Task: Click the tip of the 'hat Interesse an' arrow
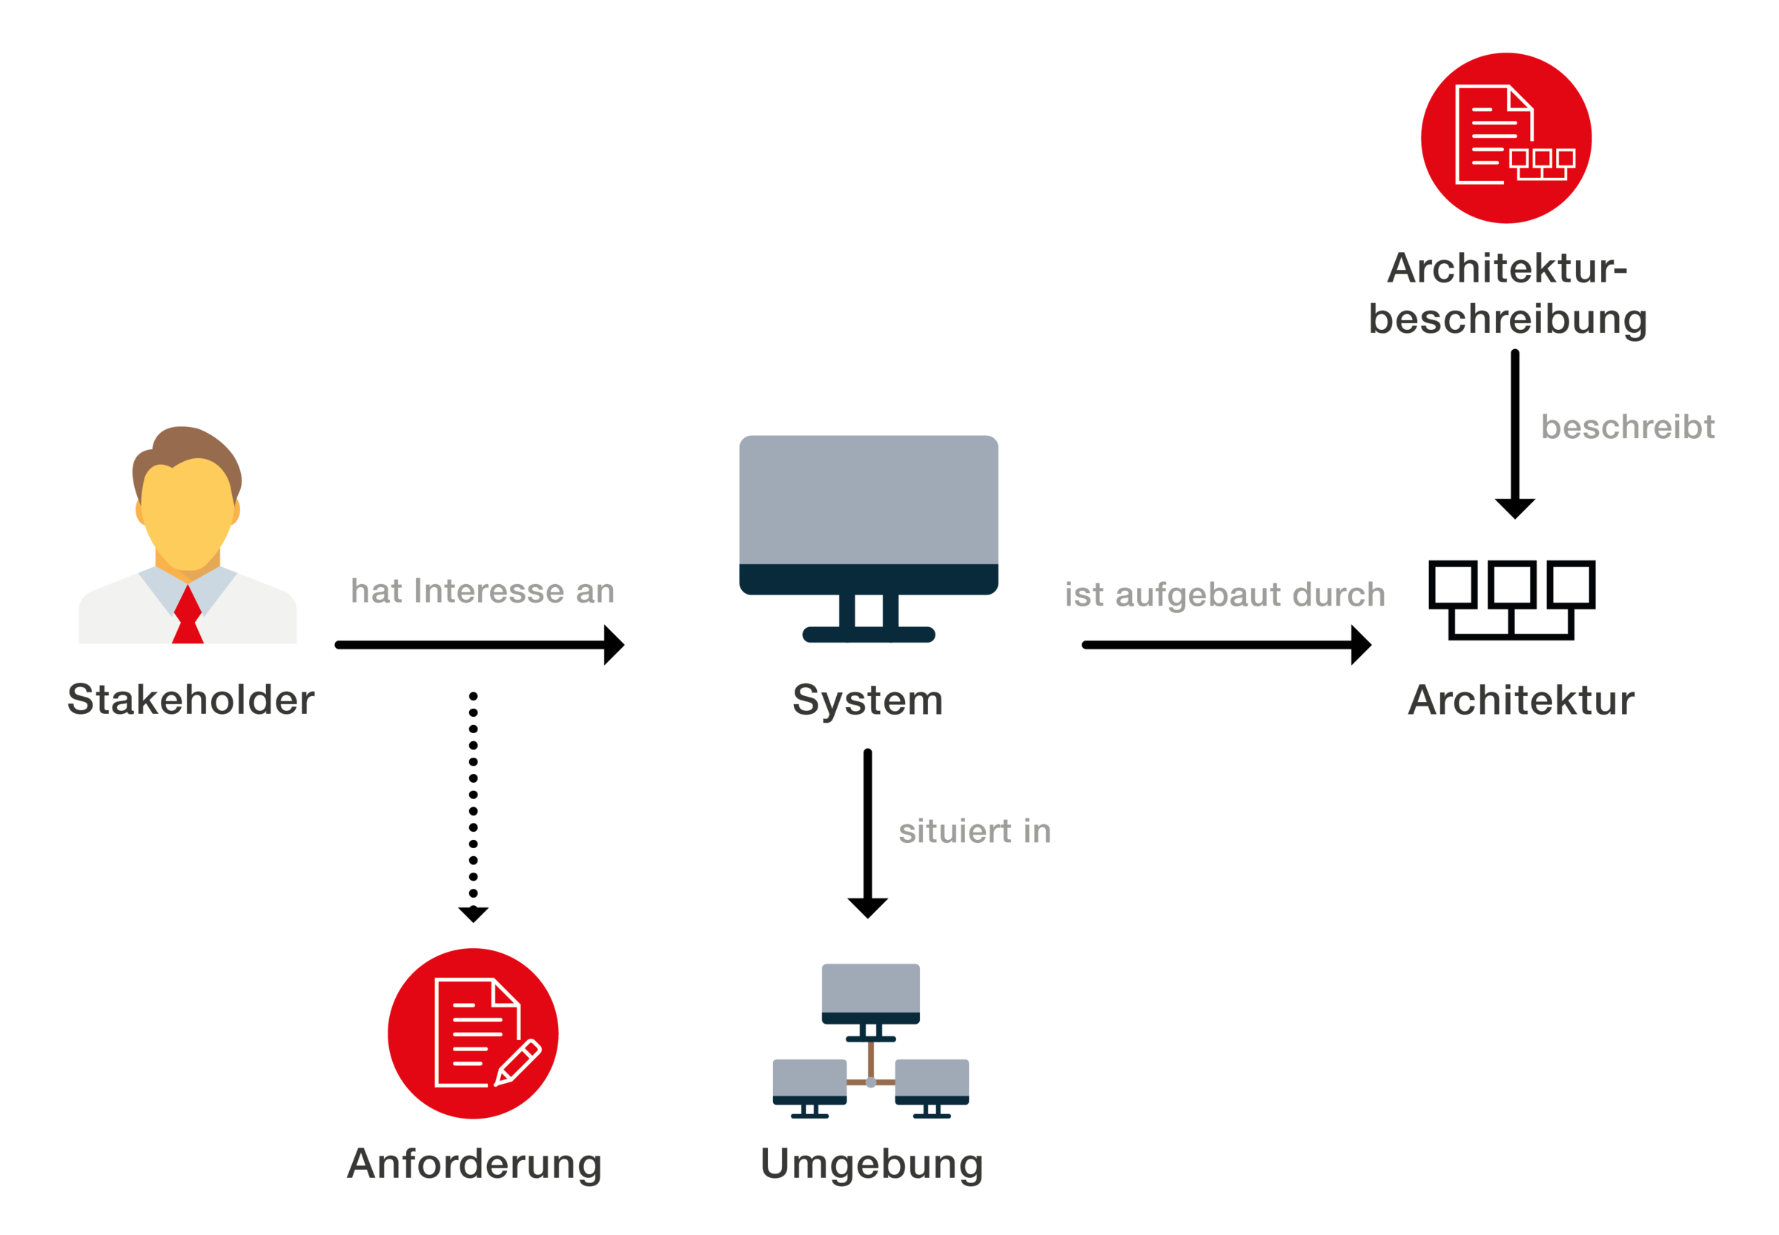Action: (623, 645)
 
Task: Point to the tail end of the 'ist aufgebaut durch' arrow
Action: (1086, 645)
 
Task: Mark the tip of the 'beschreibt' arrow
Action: (1514, 518)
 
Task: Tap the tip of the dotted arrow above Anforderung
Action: (473, 922)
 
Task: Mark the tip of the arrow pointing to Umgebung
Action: (867, 918)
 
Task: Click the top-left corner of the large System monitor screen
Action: (741, 437)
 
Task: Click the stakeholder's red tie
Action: (188, 615)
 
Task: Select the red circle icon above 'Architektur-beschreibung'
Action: (1505, 138)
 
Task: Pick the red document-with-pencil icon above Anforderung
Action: (473, 1033)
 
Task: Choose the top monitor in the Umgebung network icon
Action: (870, 993)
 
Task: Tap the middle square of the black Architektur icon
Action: (1511, 584)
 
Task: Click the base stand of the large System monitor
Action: (868, 635)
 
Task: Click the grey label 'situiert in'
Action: (974, 831)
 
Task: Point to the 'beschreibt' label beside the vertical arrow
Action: (1627, 426)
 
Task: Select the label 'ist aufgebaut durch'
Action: (1225, 595)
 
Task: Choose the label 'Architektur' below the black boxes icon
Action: (1520, 701)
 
